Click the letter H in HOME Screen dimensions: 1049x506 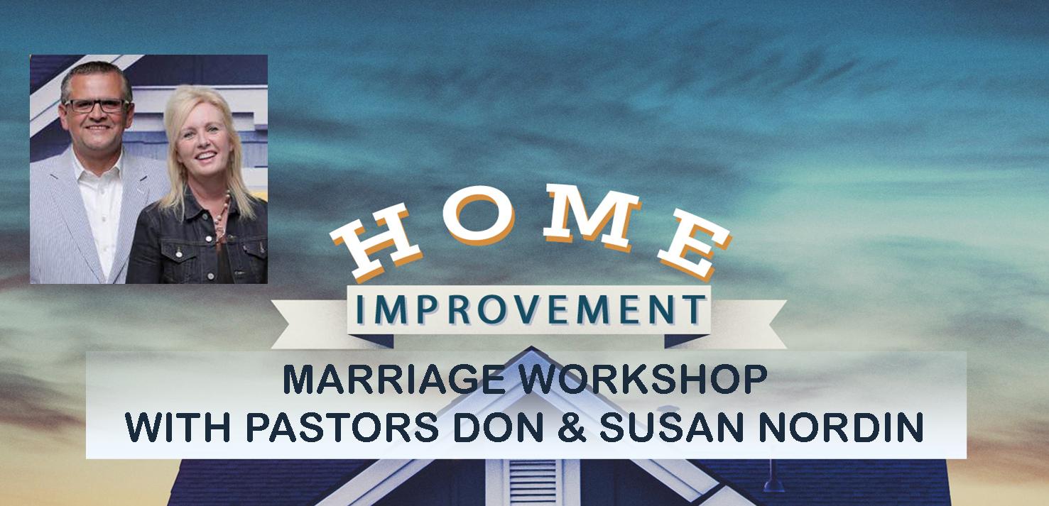pos(376,243)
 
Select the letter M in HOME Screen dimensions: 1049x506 pos(593,215)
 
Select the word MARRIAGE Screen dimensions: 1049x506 pos(394,379)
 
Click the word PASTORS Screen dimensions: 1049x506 pos(342,427)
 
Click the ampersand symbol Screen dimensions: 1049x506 pos(571,427)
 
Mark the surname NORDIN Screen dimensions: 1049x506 pos(841,427)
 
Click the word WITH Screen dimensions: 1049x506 pos(178,427)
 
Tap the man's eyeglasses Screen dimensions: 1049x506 pos(97,106)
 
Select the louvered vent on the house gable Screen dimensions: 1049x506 pos(533,482)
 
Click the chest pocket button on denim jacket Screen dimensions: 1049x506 pos(178,254)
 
